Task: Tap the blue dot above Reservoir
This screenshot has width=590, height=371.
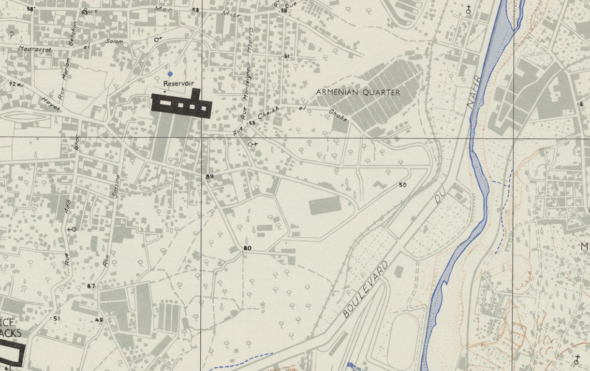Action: [x=170, y=74]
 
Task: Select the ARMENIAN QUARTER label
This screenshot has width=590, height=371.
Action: [x=358, y=92]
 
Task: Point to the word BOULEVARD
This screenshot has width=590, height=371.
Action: [x=365, y=289]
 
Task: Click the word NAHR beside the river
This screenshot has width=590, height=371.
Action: [x=474, y=92]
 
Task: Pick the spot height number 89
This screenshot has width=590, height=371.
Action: [x=210, y=177]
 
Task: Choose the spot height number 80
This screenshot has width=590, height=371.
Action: [x=247, y=248]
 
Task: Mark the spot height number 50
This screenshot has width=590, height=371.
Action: [x=403, y=185]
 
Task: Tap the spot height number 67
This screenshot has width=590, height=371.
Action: [x=92, y=286]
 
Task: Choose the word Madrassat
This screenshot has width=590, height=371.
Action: [x=33, y=49]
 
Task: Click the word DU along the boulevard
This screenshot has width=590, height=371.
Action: [x=440, y=195]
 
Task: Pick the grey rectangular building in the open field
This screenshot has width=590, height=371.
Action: [x=325, y=205]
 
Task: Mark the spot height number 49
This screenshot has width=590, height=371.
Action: [x=99, y=320]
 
